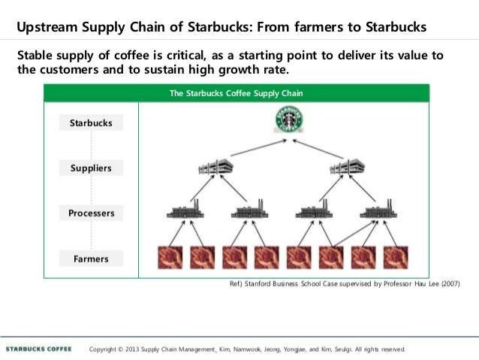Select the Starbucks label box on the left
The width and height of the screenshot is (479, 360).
(90, 123)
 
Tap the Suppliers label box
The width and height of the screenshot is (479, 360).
(90, 168)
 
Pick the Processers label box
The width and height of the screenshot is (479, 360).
(91, 213)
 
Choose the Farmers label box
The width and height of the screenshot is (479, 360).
(90, 259)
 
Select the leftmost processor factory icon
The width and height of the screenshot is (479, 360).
(184, 211)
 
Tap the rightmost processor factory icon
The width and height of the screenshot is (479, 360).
(378, 211)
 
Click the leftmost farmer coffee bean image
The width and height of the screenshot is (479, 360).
(169, 257)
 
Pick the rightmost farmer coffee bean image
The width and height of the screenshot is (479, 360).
(396, 257)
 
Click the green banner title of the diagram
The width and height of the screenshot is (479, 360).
(236, 94)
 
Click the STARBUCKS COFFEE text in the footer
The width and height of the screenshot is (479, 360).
(39, 349)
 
